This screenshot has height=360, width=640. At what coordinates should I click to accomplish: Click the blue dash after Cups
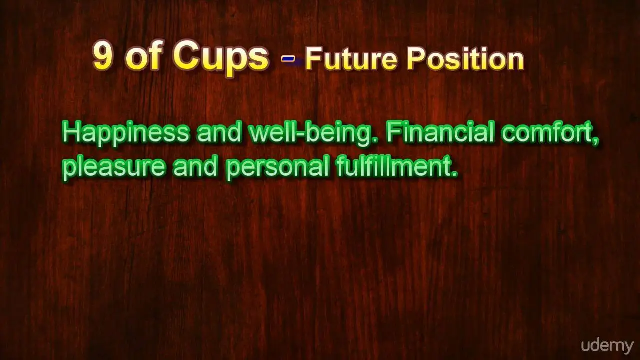tap(288, 59)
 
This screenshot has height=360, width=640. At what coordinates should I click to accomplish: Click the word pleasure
tap(114, 168)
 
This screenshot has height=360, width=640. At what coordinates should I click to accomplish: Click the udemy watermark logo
tap(607, 346)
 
